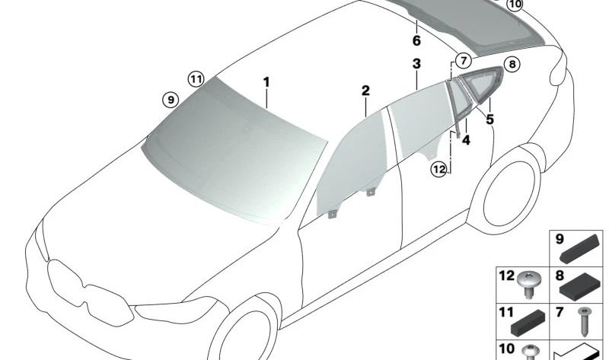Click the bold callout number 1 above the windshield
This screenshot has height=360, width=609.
[266, 82]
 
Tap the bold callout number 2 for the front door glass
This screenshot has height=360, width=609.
[365, 91]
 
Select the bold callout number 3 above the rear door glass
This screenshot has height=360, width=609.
[416, 64]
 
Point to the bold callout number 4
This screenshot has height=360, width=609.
[466, 140]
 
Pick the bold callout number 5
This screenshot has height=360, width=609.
[489, 119]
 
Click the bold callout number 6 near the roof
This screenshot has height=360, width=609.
[416, 40]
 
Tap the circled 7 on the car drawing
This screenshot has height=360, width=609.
[463, 61]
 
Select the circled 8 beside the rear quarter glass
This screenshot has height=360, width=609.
[512, 64]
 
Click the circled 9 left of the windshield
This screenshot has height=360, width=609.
[170, 100]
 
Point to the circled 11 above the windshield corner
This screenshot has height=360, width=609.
[196, 80]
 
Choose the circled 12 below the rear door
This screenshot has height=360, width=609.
[439, 169]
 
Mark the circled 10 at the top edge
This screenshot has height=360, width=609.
[515, 5]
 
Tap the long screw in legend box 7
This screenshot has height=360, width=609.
[584, 322]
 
